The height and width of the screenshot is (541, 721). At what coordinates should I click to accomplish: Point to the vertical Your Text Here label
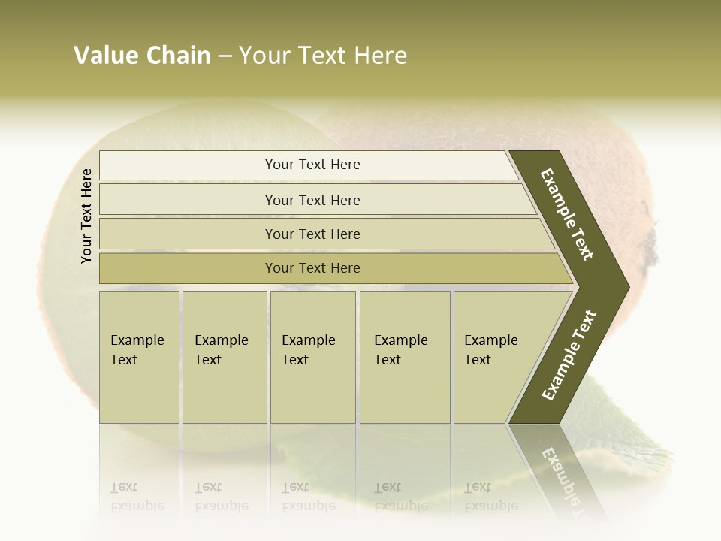click(86, 216)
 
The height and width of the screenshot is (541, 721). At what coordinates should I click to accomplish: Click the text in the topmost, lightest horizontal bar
click(312, 165)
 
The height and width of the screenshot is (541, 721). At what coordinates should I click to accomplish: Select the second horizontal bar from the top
click(312, 200)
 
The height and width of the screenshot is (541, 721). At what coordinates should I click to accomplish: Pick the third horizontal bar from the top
click(312, 234)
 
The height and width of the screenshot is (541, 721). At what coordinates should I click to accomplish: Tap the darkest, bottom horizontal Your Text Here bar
click(312, 268)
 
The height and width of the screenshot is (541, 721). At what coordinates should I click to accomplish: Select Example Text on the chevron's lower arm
click(569, 355)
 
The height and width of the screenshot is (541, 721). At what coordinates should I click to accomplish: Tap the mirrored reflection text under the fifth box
click(490, 497)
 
